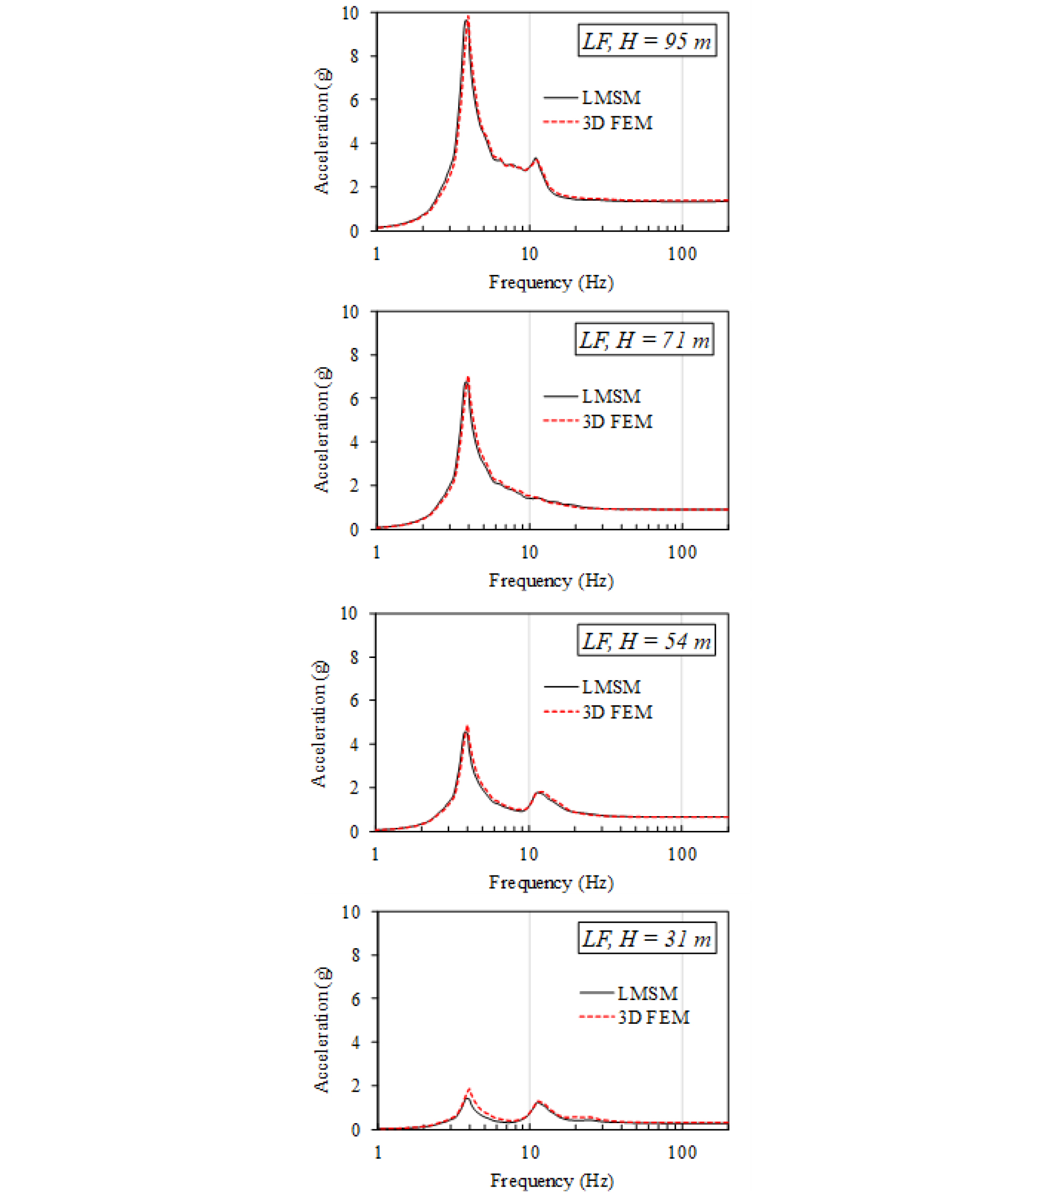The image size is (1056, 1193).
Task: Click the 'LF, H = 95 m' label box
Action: (646, 40)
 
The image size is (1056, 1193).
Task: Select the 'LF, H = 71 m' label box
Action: (644, 339)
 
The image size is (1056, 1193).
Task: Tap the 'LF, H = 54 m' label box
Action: (646, 640)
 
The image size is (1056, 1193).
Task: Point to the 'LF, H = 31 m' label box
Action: (646, 938)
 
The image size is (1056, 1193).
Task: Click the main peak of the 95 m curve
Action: (467, 19)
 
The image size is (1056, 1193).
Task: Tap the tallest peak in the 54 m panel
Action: (466, 729)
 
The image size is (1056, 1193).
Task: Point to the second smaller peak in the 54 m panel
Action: (540, 793)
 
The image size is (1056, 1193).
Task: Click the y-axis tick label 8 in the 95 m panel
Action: (354, 56)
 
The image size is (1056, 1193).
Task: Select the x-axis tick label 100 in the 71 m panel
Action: (682, 552)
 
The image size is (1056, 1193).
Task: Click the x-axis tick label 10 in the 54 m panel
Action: (529, 854)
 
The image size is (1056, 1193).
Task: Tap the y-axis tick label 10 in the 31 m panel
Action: (350, 912)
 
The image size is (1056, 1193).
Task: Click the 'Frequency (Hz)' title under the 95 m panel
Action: (551, 283)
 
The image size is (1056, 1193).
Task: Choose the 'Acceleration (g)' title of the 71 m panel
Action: (322, 429)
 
